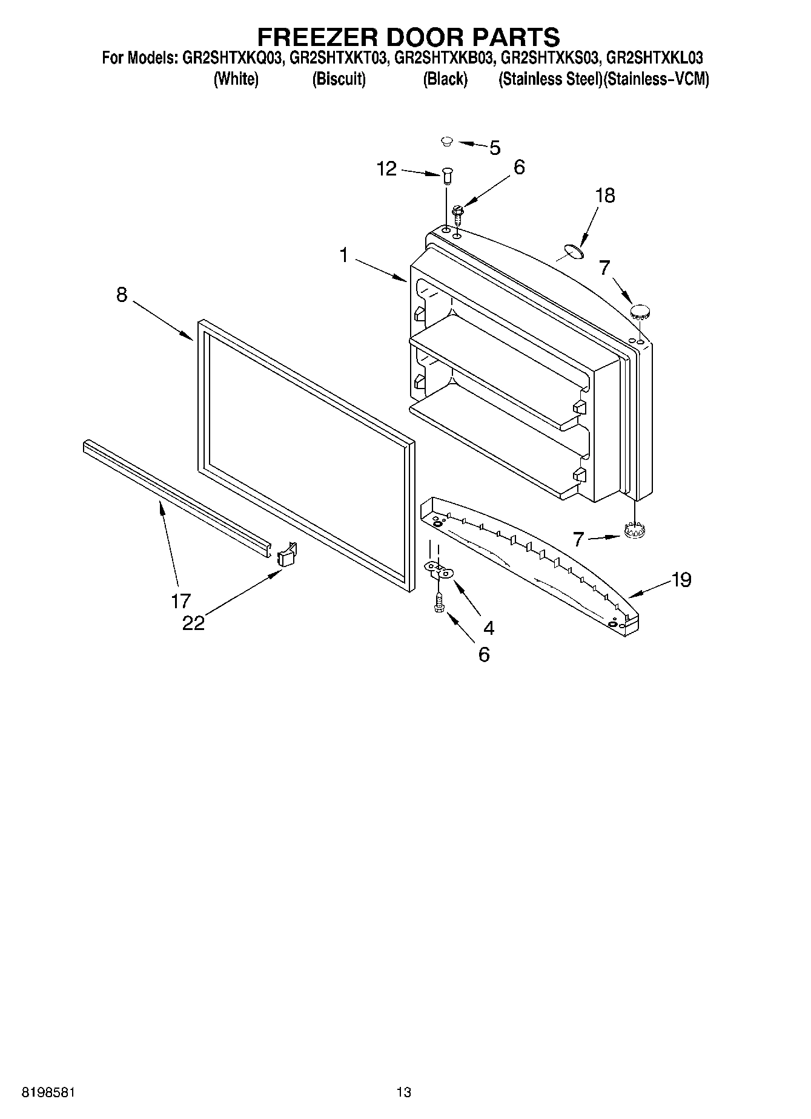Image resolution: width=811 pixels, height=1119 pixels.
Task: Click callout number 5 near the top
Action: (495, 148)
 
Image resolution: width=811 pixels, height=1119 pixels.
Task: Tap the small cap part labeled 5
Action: (447, 142)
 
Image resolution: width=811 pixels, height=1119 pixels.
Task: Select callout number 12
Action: (386, 169)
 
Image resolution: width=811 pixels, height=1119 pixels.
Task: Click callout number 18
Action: (604, 195)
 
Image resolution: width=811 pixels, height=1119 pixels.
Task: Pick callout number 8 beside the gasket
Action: (122, 295)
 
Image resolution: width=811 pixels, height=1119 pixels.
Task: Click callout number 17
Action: (180, 601)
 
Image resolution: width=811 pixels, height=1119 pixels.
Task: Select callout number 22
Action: (194, 623)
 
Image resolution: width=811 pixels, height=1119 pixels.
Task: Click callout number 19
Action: (681, 580)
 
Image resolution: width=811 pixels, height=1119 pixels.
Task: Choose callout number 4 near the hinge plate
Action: (488, 628)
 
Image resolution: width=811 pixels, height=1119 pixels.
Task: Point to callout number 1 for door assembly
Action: (343, 255)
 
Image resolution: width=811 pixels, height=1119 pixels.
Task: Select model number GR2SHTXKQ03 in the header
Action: (230, 58)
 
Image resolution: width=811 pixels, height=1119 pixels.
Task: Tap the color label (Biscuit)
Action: (339, 79)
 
